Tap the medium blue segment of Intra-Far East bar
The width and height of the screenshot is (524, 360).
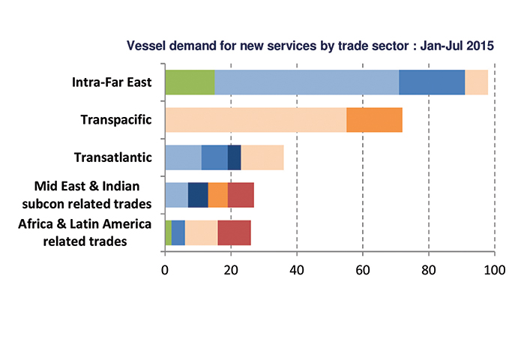(432, 82)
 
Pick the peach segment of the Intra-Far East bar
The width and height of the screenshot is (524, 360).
(476, 82)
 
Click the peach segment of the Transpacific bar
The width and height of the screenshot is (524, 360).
(255, 120)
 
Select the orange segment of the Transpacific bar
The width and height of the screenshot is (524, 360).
(374, 120)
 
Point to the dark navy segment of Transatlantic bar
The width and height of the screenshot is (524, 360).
(234, 157)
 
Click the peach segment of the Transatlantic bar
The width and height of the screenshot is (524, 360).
(262, 157)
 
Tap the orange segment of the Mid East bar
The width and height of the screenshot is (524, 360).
(217, 194)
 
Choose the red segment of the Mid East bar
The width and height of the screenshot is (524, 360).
(241, 194)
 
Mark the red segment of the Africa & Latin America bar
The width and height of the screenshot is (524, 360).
(234, 232)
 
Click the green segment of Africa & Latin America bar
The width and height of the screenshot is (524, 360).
(168, 232)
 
